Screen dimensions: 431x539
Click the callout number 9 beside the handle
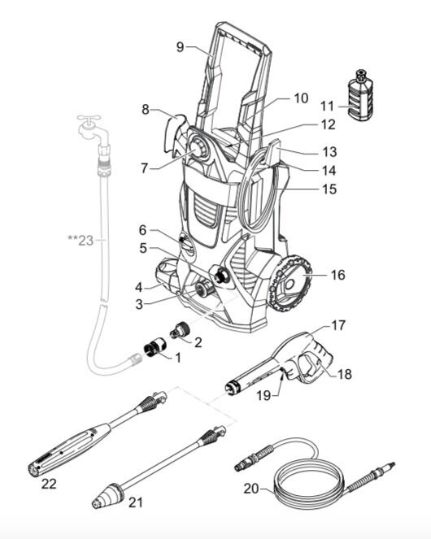[x=181, y=47]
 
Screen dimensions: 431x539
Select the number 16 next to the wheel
[x=337, y=275]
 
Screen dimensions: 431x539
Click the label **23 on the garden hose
[x=81, y=241]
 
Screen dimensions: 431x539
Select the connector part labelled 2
[x=178, y=332]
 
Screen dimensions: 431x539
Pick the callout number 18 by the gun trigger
[x=344, y=374]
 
